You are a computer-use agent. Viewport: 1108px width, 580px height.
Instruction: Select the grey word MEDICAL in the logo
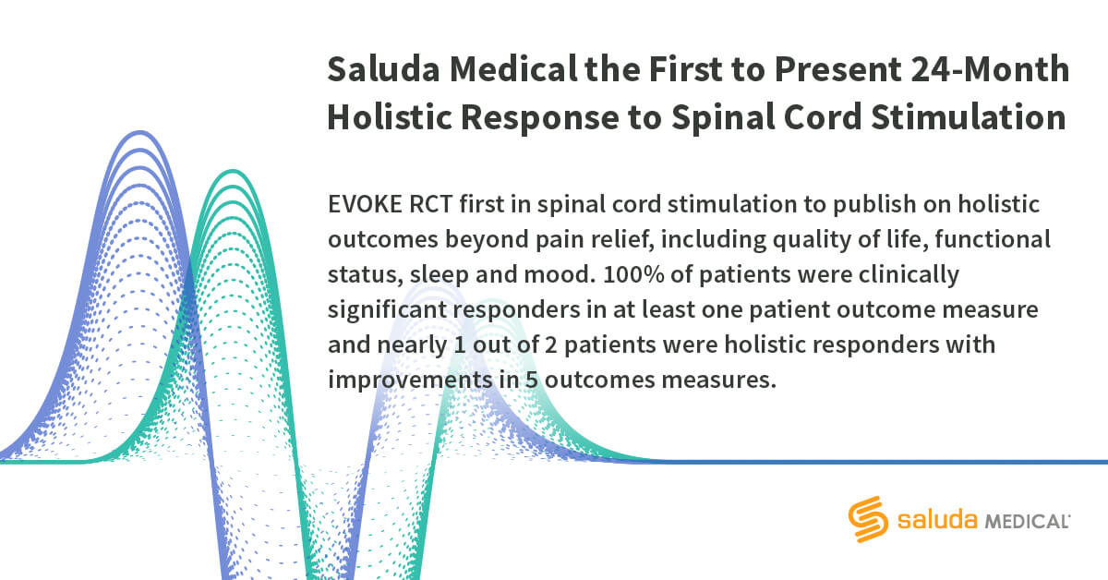(x=1026, y=522)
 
